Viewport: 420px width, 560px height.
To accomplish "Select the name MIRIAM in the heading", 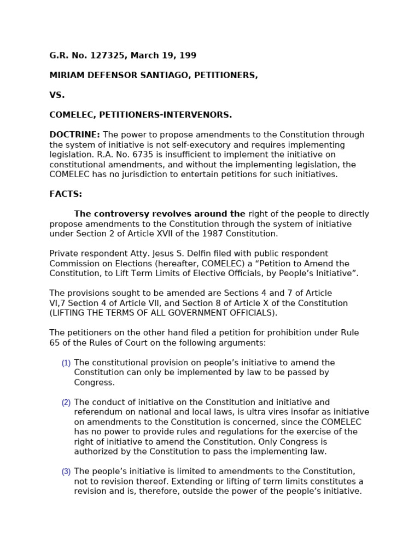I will (67, 75).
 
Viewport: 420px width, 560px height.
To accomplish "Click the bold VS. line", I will (57, 95).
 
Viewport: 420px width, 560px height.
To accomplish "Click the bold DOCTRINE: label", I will (74, 135).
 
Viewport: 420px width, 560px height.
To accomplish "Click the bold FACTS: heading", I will (66, 194).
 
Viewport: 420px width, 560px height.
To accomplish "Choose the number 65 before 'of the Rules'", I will (55, 343).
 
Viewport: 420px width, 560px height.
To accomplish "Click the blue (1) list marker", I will (66, 363).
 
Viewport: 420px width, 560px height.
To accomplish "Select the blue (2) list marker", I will (66, 402).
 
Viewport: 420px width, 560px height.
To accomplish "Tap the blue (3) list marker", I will (66, 471).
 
